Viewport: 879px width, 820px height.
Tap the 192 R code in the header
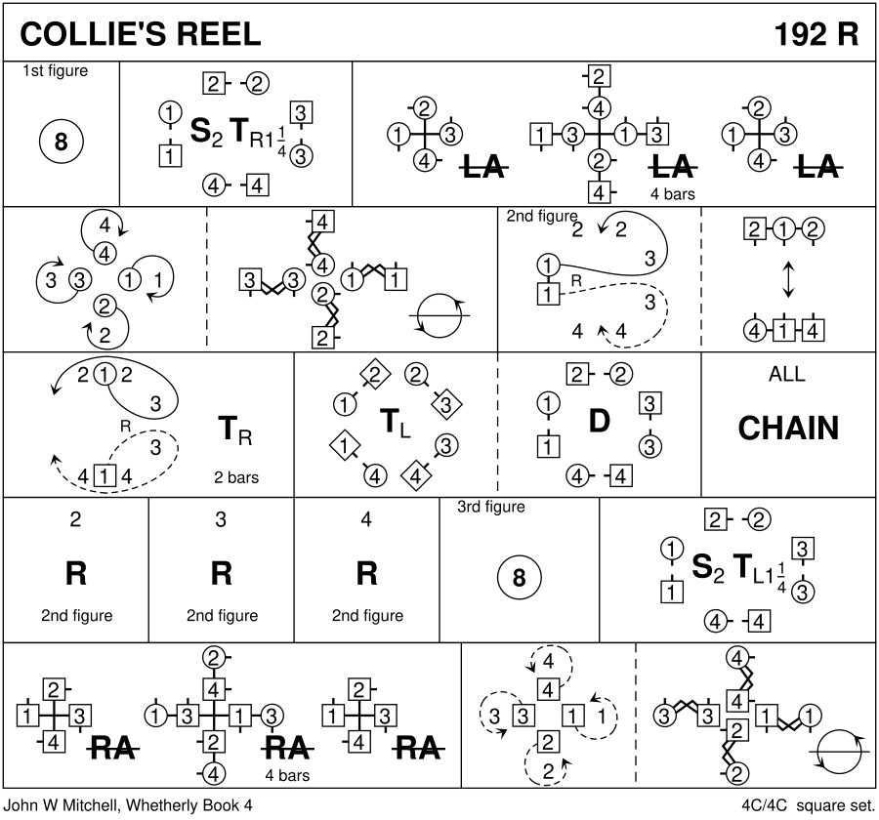(x=816, y=34)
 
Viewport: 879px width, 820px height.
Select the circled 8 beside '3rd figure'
(x=520, y=578)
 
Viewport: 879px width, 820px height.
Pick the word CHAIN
(x=788, y=428)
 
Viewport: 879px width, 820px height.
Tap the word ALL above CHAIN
(x=788, y=375)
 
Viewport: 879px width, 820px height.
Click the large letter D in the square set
(x=599, y=421)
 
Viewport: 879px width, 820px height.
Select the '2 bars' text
(x=235, y=478)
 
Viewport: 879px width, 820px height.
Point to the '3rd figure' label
(x=491, y=507)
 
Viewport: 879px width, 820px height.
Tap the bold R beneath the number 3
(x=222, y=574)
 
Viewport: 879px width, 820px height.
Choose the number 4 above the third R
(x=366, y=519)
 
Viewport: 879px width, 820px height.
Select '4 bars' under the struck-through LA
(x=672, y=193)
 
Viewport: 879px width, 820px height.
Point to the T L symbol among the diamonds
(x=395, y=423)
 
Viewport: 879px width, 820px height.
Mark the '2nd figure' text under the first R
(x=76, y=616)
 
